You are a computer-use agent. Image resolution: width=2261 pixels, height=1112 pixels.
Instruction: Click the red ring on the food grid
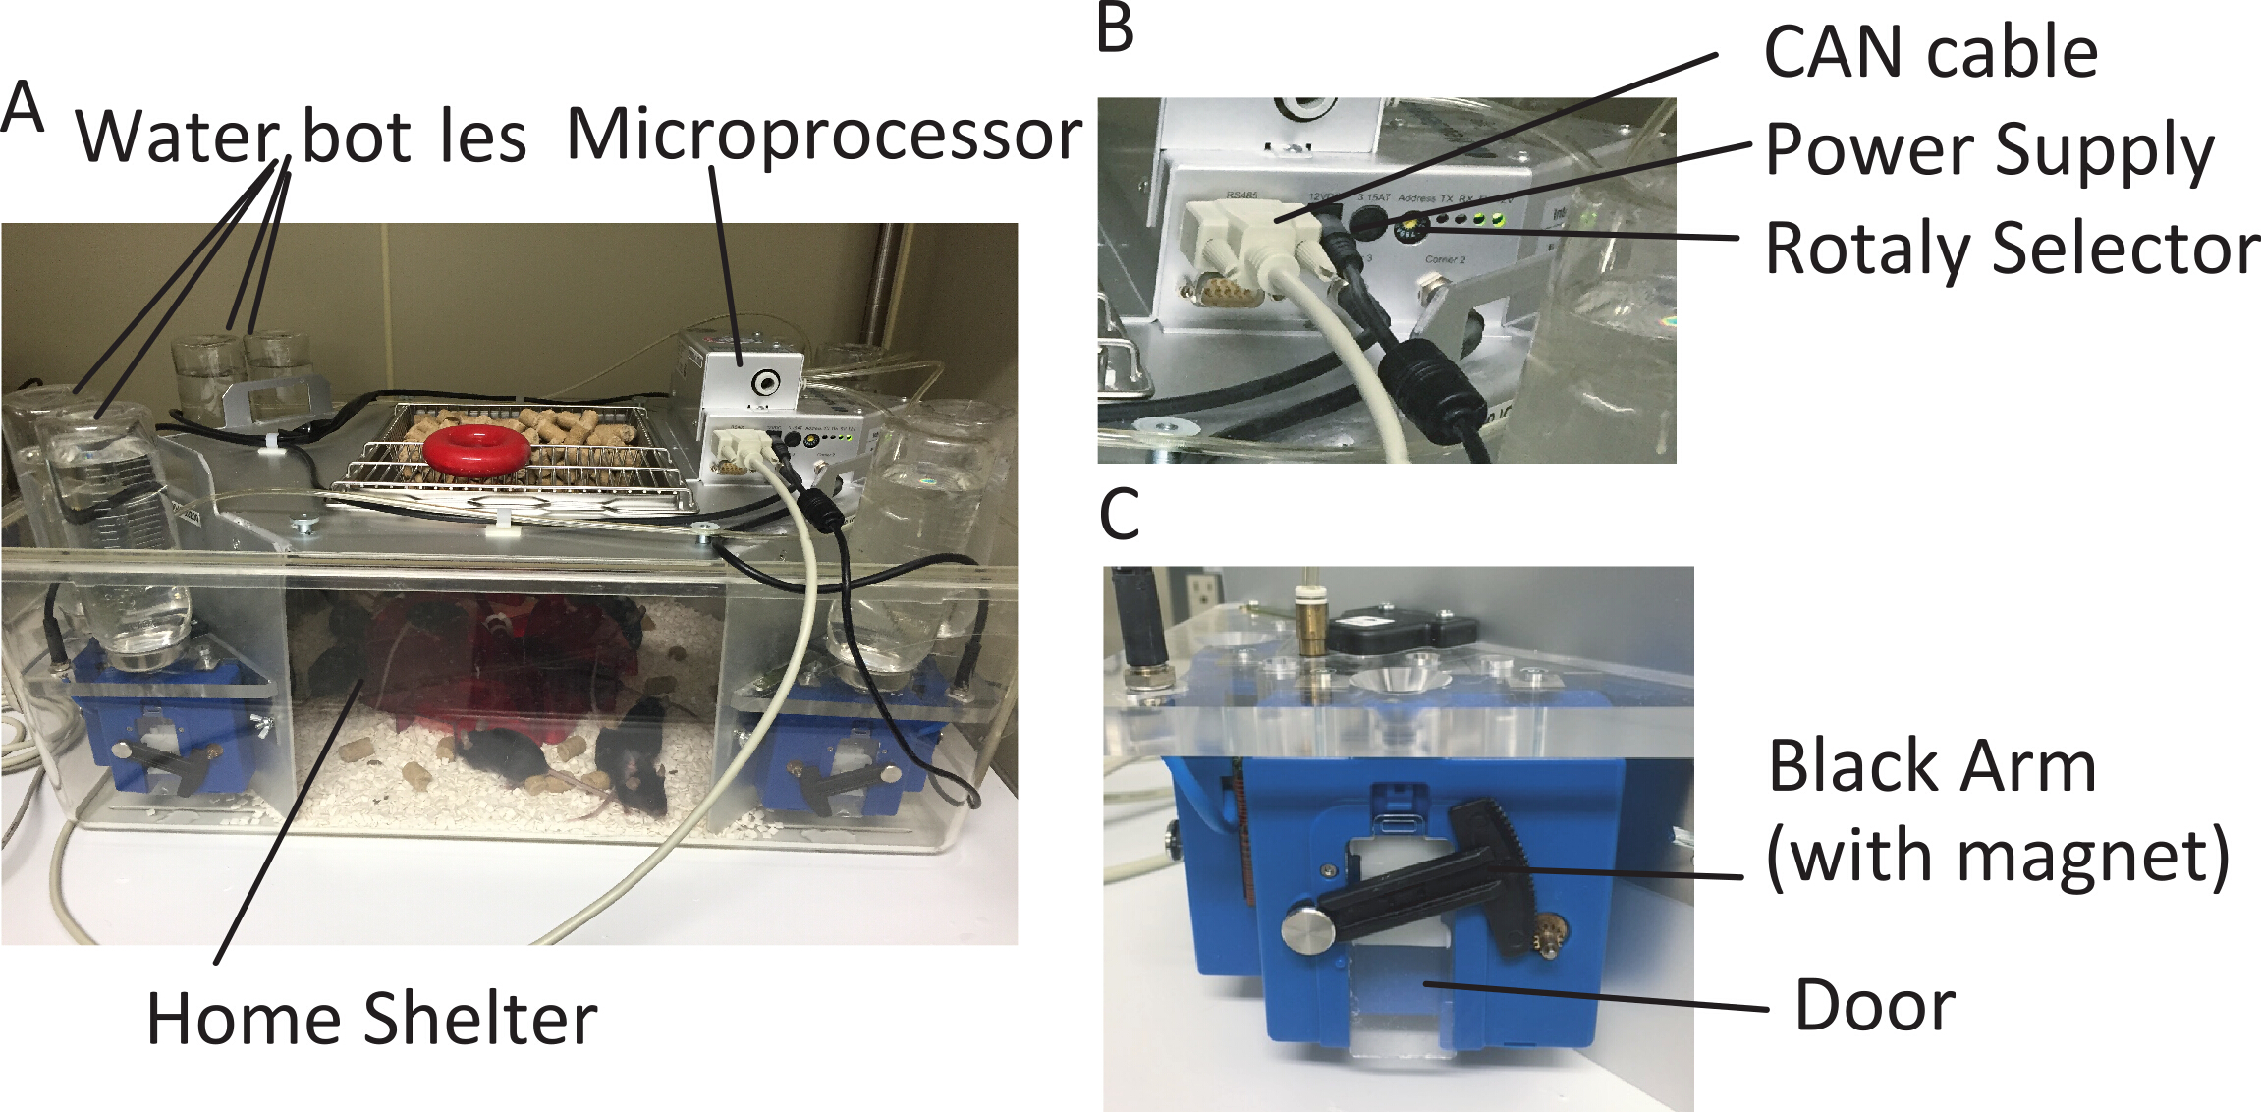[x=477, y=451]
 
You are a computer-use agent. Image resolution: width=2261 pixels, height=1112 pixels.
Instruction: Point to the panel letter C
[x=1119, y=514]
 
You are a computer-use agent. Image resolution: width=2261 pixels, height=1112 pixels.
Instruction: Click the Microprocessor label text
[x=823, y=135]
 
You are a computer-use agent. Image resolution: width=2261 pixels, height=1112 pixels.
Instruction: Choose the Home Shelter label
[x=371, y=1019]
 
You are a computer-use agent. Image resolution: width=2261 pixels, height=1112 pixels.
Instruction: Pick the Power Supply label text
[x=1989, y=150]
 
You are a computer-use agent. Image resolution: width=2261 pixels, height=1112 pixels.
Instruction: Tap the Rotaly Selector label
[x=2012, y=249]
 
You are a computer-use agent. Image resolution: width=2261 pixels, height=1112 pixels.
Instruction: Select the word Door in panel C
[x=1874, y=1006]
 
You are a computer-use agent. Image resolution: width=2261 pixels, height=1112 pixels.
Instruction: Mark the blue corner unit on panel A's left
[x=167, y=727]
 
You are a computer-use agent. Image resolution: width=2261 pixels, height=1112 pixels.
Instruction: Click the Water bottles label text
[x=301, y=137]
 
